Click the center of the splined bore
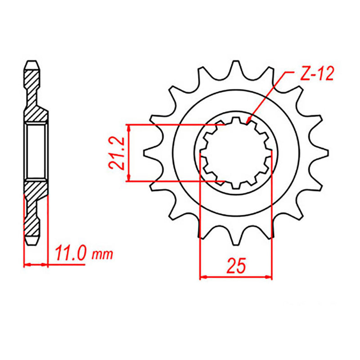(x=236, y=153)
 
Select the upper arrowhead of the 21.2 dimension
(x=129, y=126)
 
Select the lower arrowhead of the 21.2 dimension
(x=129, y=180)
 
